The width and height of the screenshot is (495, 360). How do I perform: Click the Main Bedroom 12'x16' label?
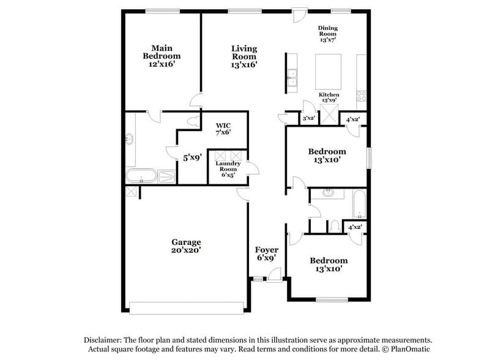(x=162, y=56)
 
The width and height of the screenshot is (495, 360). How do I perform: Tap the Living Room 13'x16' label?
(x=244, y=56)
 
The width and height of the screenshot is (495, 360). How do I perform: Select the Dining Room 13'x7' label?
(x=328, y=34)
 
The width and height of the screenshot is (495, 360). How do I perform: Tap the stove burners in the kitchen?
(x=361, y=96)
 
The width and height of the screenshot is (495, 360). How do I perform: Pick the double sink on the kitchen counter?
(x=292, y=77)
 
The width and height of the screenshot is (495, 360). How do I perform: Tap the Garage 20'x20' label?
(x=186, y=246)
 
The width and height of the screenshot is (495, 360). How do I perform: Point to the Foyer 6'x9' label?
(x=267, y=253)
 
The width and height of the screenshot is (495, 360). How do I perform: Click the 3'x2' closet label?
(x=309, y=118)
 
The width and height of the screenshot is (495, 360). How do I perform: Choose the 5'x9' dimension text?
(x=193, y=157)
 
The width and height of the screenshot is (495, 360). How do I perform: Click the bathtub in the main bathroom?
(x=142, y=177)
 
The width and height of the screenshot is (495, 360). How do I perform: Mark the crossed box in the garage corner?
(x=131, y=192)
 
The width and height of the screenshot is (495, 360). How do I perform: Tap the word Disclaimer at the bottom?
(x=102, y=340)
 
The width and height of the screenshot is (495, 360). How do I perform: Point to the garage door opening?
(x=186, y=309)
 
